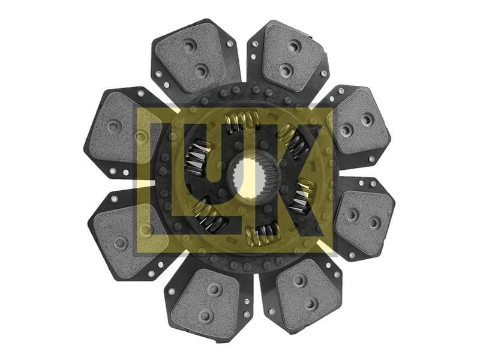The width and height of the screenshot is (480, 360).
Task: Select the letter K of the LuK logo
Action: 294,181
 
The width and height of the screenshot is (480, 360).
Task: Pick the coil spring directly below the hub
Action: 263,233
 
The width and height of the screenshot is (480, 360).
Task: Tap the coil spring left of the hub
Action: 197,158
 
